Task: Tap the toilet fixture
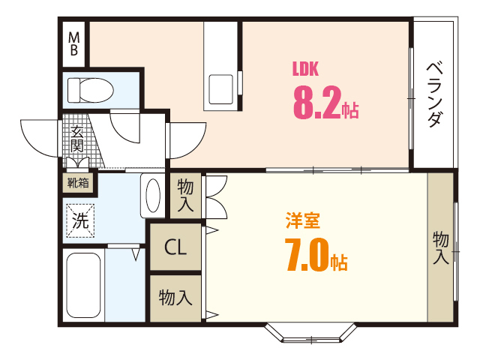89,90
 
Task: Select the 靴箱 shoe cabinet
78,182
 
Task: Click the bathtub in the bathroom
83,286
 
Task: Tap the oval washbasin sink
153,196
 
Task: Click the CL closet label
175,247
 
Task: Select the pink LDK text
305,69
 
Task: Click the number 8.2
316,103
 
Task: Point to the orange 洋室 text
303,221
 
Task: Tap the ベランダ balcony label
434,94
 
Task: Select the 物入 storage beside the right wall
440,247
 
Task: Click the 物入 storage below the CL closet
175,298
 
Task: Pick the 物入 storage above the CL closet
185,195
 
